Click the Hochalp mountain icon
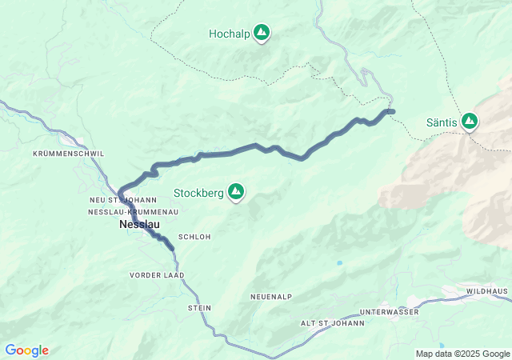tap(261, 33)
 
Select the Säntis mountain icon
tap(469, 122)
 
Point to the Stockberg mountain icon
tap(236, 191)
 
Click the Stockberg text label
tap(199, 192)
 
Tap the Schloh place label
tap(194, 237)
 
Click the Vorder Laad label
tap(157, 274)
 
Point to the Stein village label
tap(199, 307)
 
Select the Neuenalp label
tap(270, 297)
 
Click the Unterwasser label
tap(389, 311)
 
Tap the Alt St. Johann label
tap(331, 323)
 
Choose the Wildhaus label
tap(487, 291)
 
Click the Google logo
tap(26, 350)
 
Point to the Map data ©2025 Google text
tap(462, 354)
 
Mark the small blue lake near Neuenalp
tap(340, 262)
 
